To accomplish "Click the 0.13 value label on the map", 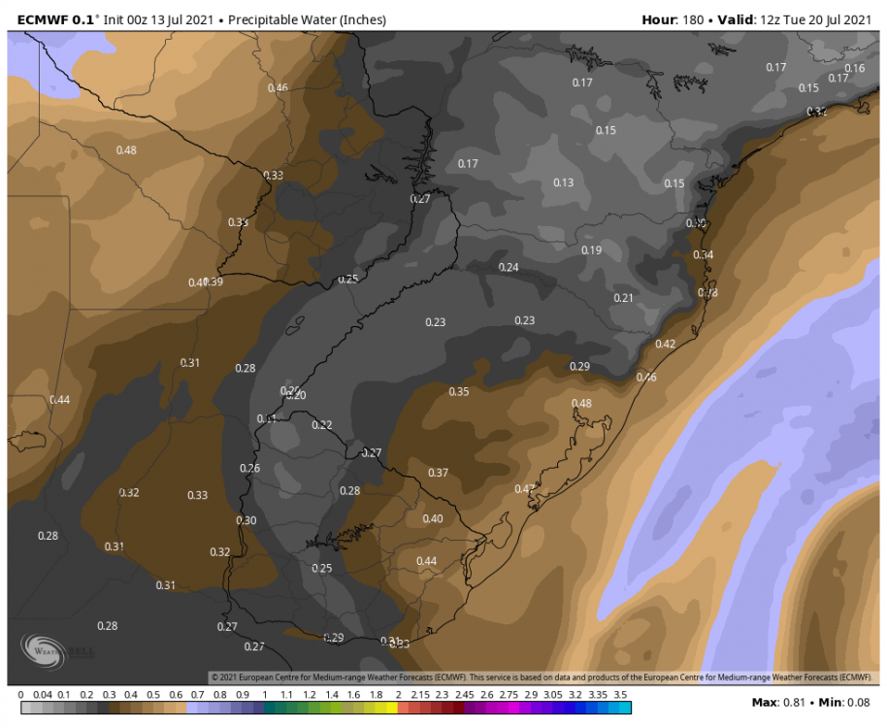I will pyautogui.click(x=563, y=182).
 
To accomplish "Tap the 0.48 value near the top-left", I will pyautogui.click(x=126, y=149).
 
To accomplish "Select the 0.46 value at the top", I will pyautogui.click(x=278, y=88).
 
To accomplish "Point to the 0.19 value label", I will pyautogui.click(x=591, y=250).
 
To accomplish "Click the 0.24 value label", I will pyautogui.click(x=509, y=267).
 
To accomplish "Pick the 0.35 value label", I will pyautogui.click(x=459, y=391).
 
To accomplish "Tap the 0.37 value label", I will pyautogui.click(x=439, y=473).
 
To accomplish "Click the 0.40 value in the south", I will pyautogui.click(x=433, y=518).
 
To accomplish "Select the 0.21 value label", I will pyautogui.click(x=623, y=298).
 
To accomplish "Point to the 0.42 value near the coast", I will pyautogui.click(x=665, y=344).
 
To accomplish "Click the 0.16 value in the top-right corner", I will pyautogui.click(x=855, y=68).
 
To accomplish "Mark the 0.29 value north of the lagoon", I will pyautogui.click(x=579, y=366).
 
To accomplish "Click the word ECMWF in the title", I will pyautogui.click(x=36, y=19).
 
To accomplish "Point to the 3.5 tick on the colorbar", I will pyautogui.click(x=621, y=695).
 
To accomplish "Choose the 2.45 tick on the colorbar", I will pyautogui.click(x=463, y=695).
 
